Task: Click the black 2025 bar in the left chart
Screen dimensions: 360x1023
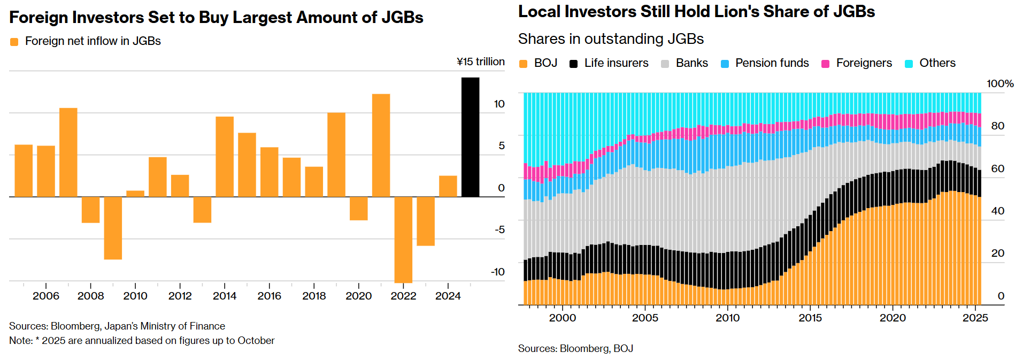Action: point(470,137)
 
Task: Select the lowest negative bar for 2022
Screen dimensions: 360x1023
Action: point(403,240)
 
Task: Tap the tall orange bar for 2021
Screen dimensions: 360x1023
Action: point(381,145)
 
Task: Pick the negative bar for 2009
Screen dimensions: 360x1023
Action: point(113,228)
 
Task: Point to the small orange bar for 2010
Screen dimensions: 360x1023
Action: point(135,194)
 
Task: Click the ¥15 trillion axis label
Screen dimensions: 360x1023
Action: point(480,62)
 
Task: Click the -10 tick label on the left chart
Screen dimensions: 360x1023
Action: point(497,272)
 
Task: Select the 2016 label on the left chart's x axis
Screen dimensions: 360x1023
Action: point(269,296)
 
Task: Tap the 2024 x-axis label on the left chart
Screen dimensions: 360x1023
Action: point(448,296)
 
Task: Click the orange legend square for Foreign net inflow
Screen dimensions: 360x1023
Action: point(14,42)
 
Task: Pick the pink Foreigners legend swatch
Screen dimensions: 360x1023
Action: point(825,64)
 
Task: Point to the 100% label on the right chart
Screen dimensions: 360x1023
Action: point(999,83)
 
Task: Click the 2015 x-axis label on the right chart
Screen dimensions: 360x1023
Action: point(810,318)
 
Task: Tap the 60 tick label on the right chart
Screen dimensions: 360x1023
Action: point(997,168)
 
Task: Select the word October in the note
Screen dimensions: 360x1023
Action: point(256,341)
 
